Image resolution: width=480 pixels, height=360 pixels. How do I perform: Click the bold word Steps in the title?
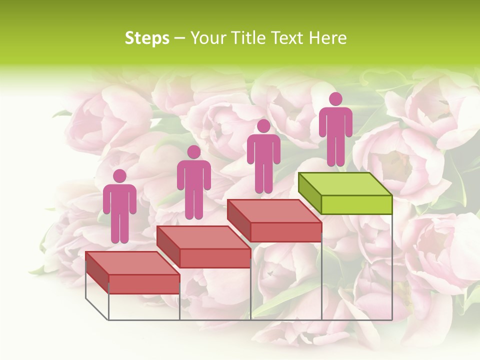(147, 38)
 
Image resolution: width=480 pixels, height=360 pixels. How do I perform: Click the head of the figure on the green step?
(335, 99)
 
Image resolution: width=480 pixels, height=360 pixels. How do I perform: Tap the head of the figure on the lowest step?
(119, 176)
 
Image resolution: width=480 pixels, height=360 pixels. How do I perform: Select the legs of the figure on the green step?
(335, 150)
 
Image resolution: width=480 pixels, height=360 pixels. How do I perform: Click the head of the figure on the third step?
(263, 126)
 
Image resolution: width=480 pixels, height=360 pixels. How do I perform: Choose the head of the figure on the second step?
(193, 152)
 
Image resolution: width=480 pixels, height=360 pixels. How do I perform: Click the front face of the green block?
(356, 204)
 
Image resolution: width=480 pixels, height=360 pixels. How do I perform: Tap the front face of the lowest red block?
(144, 284)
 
